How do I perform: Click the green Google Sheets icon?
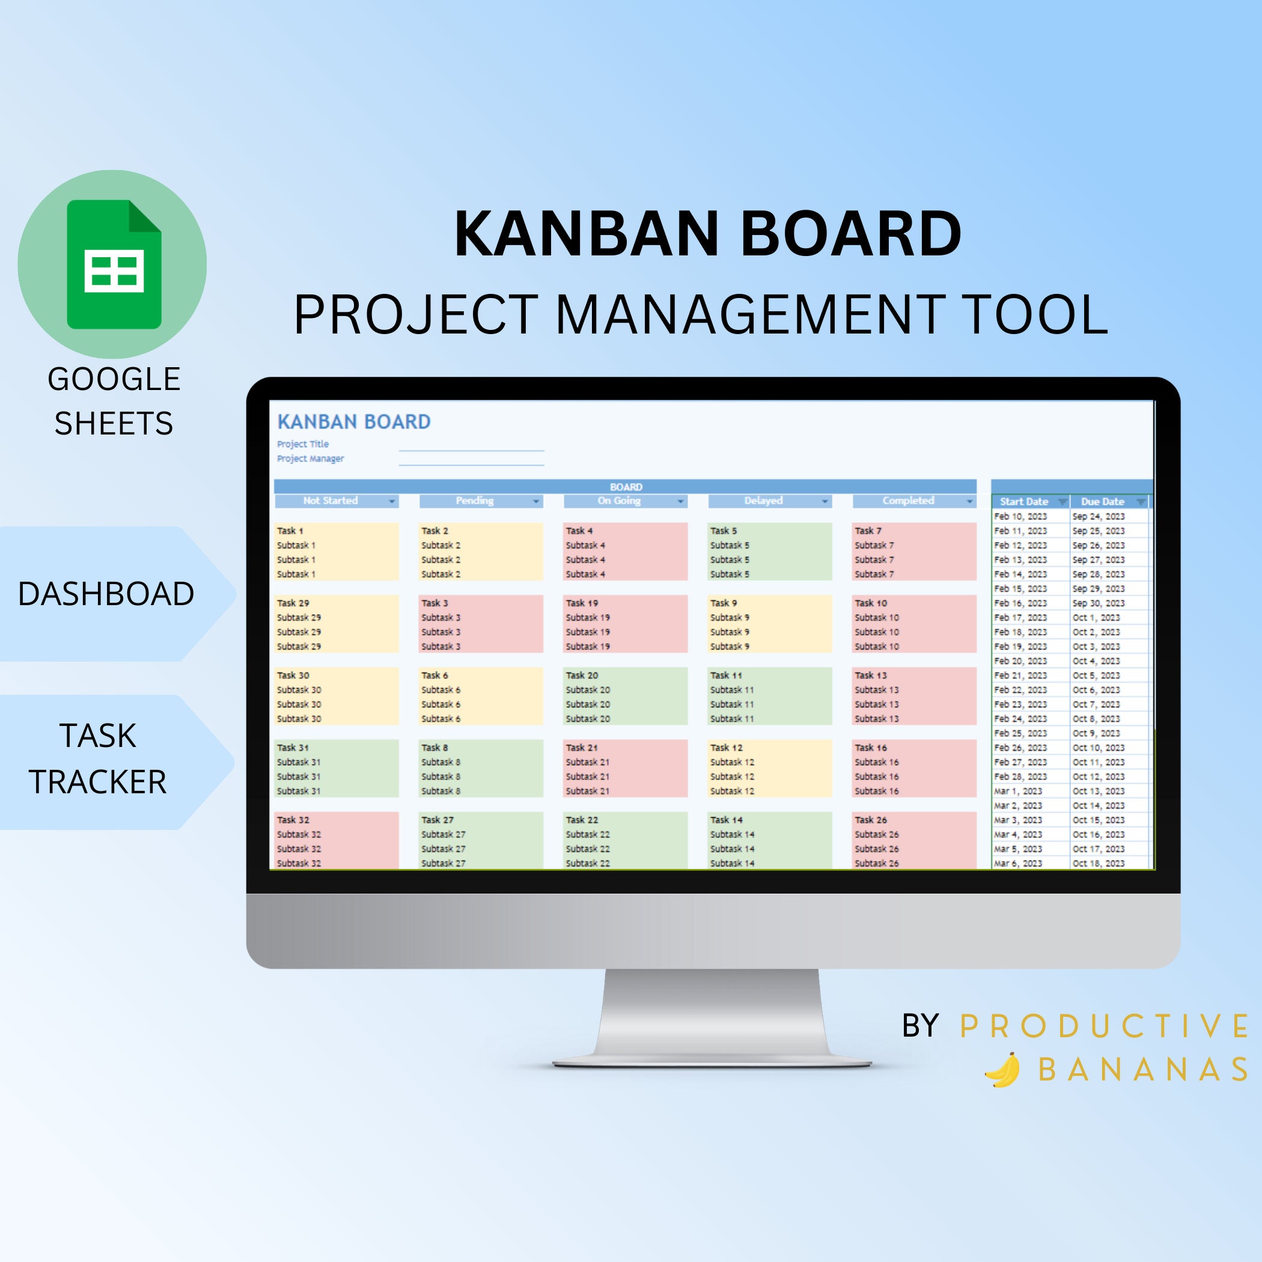point(114,264)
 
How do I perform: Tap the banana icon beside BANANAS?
point(1002,1070)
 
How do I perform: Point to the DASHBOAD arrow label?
point(106,594)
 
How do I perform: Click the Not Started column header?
point(331,501)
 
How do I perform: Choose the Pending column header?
point(474,501)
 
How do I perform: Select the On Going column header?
point(618,501)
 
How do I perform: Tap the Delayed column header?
point(763,501)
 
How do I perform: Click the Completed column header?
point(908,501)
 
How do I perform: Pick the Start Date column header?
point(1023,502)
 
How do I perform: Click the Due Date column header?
point(1103,502)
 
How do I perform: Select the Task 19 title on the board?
point(581,603)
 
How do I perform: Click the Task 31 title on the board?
point(293,747)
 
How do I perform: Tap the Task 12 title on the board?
point(727,747)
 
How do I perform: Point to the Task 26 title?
point(871,820)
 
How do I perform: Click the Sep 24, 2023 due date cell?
point(1098,516)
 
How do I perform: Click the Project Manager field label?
point(310,459)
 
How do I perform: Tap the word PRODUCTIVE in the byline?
point(1104,1026)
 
